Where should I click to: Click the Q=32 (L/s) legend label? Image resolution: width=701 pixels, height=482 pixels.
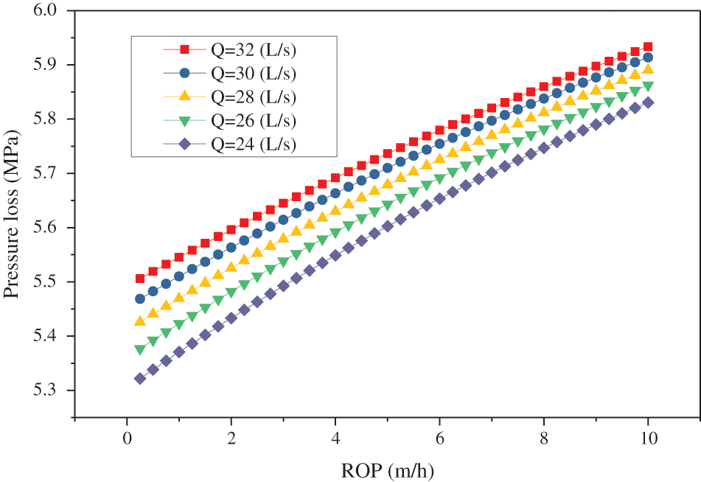pos(254,50)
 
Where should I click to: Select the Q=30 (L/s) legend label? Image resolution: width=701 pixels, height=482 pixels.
pos(254,74)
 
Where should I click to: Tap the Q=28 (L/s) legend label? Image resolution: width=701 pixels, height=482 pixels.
pos(254,97)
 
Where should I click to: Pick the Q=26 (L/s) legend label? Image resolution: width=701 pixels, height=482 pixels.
pos(254,120)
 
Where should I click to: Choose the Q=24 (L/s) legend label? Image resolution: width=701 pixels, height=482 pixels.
pos(254,143)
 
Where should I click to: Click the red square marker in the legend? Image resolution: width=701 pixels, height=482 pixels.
pos(186,50)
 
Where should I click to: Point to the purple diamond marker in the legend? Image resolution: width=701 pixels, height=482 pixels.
pos(186,143)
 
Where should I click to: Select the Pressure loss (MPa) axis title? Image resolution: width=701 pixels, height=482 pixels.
pos(13,200)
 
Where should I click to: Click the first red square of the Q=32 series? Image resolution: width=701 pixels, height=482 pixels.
pos(140,279)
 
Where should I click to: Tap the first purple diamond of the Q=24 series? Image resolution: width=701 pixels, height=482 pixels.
pos(140,379)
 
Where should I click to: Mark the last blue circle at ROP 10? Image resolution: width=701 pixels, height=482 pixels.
pos(648,57)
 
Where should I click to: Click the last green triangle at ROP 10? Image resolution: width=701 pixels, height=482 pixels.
pos(648,86)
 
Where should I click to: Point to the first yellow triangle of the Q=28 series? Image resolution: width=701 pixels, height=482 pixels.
pos(140,321)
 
